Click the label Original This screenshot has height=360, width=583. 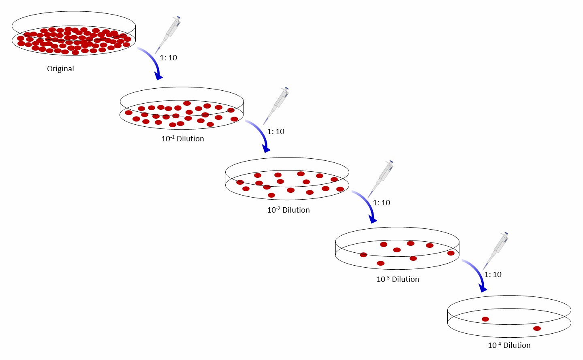(x=60, y=69)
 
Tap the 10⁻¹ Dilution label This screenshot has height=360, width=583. (x=183, y=139)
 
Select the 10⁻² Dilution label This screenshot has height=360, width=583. (x=288, y=210)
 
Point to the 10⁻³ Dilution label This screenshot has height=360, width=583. (x=398, y=279)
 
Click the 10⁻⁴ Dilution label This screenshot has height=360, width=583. (x=509, y=345)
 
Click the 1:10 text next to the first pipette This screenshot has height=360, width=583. (x=169, y=58)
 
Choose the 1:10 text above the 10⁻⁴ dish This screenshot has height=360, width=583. (x=493, y=275)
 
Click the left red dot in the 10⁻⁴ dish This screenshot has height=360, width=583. (x=485, y=319)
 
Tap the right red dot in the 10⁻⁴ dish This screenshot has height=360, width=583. (x=537, y=328)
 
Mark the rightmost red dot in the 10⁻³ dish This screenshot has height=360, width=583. (x=451, y=253)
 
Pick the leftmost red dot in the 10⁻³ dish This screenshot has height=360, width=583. (x=363, y=255)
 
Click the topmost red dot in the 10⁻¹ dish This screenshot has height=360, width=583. (x=187, y=103)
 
